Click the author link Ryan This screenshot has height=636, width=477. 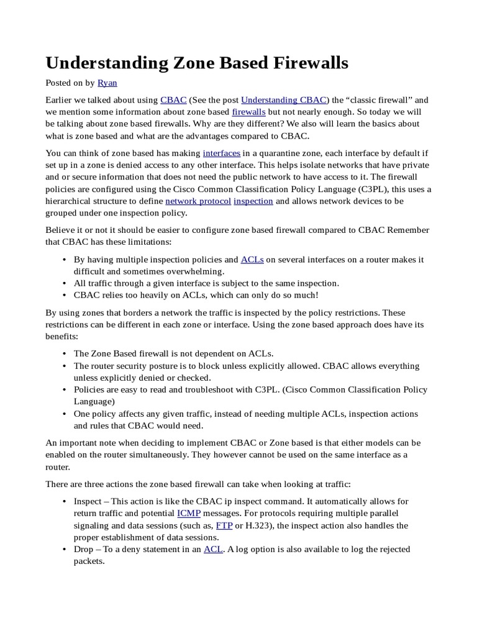107,83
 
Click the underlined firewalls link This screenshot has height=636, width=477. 248,111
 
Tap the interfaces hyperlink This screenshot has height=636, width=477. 222,153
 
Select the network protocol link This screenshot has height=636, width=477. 198,201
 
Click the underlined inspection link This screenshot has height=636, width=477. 253,201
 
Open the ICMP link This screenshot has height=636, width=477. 189,514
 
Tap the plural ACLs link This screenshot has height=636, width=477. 253,260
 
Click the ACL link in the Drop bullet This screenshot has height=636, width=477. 212,549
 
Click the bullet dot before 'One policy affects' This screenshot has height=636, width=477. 65,414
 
